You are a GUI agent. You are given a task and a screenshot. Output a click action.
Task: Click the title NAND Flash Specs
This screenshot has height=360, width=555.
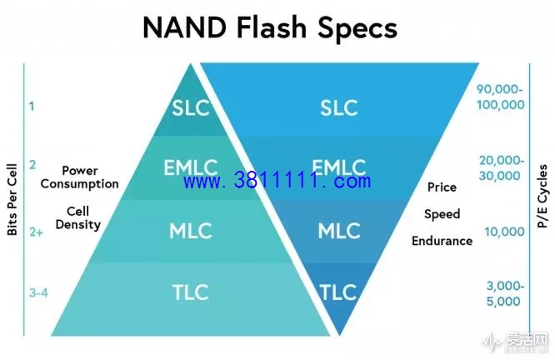click(x=270, y=28)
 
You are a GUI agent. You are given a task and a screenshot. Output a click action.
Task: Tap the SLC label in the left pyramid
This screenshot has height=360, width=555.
click(x=191, y=107)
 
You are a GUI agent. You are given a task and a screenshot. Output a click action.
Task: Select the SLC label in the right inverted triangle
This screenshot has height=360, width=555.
click(x=338, y=107)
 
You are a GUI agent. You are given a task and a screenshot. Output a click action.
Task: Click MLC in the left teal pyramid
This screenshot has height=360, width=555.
click(x=191, y=231)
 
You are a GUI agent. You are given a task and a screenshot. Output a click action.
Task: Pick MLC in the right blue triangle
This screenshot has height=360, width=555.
click(x=338, y=231)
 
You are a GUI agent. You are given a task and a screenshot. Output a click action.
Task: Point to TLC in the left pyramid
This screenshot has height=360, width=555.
click(x=191, y=292)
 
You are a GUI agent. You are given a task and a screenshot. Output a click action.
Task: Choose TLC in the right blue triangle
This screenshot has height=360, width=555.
click(x=338, y=292)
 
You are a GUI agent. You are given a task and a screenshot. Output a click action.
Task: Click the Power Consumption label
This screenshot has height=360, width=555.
click(x=80, y=177)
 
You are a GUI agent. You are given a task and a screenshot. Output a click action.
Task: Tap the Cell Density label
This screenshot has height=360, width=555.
click(x=77, y=218)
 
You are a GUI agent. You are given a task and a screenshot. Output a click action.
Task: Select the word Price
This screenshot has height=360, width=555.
click(x=442, y=187)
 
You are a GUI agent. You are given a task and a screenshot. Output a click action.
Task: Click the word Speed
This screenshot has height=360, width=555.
click(x=442, y=214)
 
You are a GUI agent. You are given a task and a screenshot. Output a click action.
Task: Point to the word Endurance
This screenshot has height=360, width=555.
click(x=442, y=241)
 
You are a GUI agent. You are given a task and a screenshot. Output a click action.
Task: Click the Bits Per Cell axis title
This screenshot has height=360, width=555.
click(x=12, y=200)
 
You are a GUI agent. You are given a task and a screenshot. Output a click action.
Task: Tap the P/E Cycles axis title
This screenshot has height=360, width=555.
click(x=542, y=196)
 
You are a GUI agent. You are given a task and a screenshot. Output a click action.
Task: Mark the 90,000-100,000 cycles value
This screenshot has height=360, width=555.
click(x=500, y=97)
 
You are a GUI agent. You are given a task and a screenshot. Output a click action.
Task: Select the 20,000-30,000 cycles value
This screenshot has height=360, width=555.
click(x=501, y=168)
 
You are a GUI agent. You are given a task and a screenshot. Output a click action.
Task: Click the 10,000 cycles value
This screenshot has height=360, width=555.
click(x=504, y=232)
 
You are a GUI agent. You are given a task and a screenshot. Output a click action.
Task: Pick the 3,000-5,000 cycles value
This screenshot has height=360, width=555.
click(x=505, y=294)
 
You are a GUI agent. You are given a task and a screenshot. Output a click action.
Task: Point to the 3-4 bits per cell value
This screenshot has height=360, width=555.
click(x=38, y=293)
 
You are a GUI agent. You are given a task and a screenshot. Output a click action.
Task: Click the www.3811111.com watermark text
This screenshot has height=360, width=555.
click(x=277, y=181)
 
